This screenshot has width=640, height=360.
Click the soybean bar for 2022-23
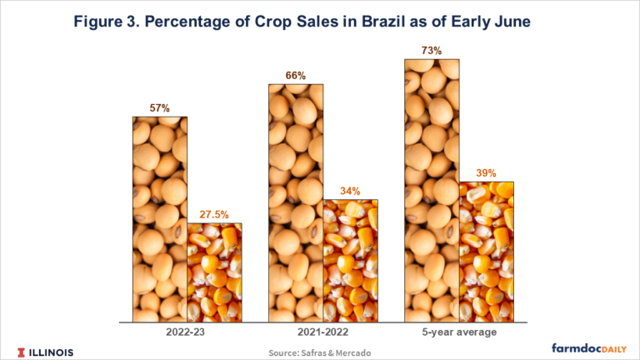coord(160,218)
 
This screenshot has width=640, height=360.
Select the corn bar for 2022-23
coord(214,272)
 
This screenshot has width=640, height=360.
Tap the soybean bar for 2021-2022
coord(295,202)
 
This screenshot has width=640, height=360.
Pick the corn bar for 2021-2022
coord(349,260)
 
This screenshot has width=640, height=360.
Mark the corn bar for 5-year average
coord(486,251)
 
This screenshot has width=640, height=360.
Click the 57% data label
coord(160,108)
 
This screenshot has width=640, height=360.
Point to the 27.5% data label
coord(214,214)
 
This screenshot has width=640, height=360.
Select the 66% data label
coord(295,76)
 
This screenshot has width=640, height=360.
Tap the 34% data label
coord(349,191)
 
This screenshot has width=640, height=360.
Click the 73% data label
coord(431,51)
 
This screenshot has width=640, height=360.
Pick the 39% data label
coord(486,173)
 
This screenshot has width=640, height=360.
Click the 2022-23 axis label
coord(187,332)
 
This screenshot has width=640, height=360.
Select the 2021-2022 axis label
coord(322,332)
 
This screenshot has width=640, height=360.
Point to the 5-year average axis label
coord(458,332)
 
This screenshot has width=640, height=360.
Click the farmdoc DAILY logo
coord(587,349)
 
